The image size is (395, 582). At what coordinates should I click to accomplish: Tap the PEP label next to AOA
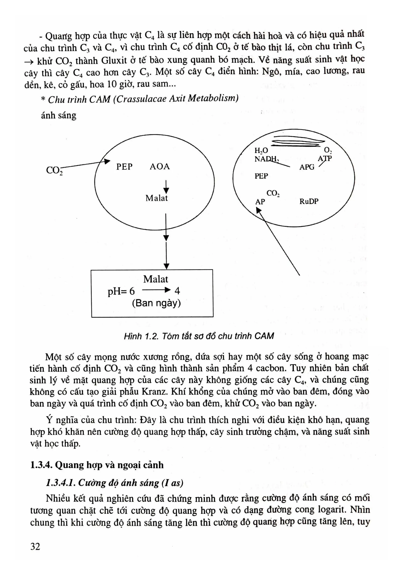pos(124,167)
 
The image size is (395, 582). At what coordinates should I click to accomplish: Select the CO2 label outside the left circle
pos(54,170)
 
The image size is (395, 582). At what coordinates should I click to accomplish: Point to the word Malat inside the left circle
pos(157,198)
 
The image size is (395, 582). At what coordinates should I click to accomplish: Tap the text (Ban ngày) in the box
pos(156,303)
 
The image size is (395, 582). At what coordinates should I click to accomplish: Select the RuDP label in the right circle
pos(309,201)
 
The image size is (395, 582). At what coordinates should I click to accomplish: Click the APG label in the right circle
pos(307,167)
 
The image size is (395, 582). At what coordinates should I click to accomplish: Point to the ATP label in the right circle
pos(325,158)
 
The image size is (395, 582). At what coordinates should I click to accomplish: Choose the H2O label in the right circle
pos(261,151)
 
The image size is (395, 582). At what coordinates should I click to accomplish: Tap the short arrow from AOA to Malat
pos(166,187)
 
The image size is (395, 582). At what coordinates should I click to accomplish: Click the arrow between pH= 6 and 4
pos(156,291)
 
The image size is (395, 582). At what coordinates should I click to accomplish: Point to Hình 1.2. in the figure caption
pos(141,336)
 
